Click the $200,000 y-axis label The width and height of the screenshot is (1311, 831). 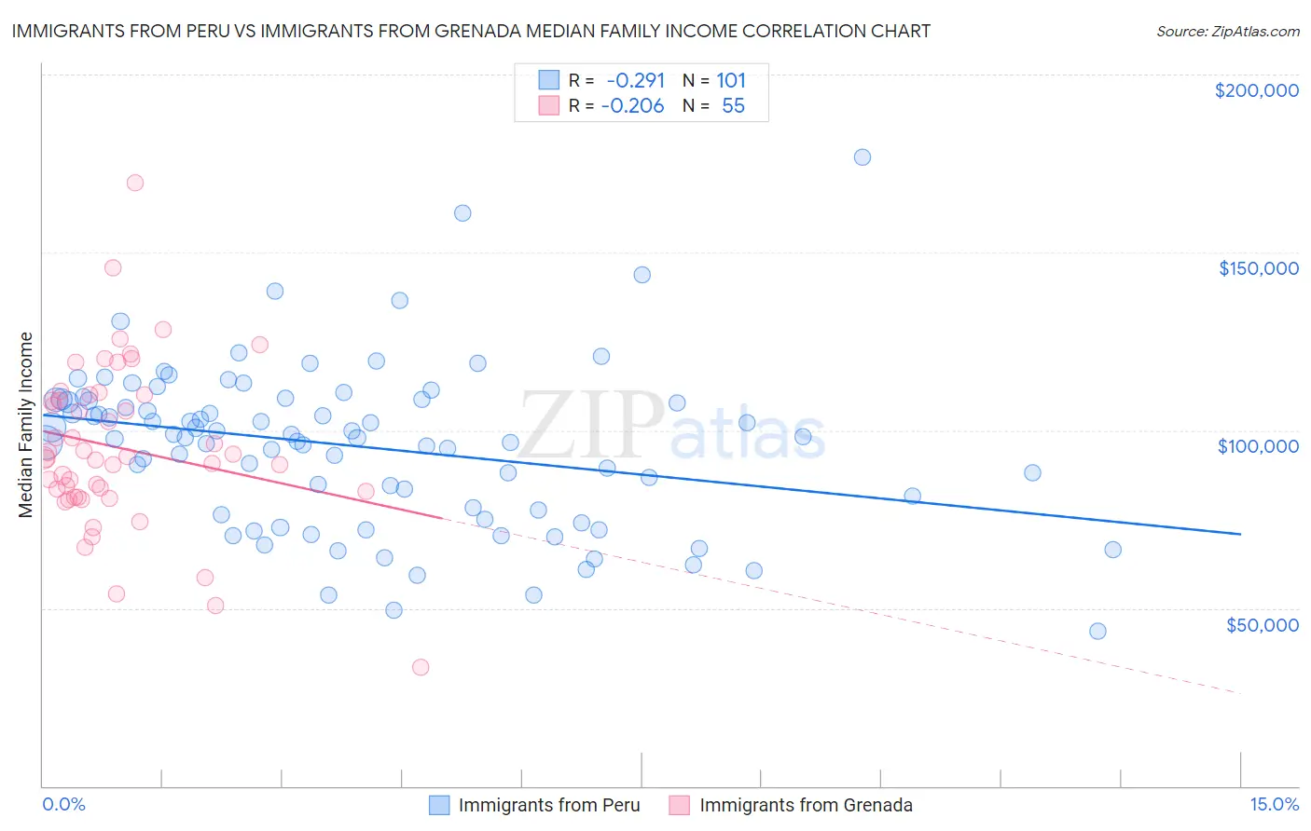pos(1256,90)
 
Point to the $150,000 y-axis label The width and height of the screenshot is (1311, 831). pos(1258,268)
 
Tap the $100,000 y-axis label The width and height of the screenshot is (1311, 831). pos(1258,446)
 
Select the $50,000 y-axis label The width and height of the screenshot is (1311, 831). pos(1262,624)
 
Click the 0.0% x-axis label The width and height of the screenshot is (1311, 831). pos(63,804)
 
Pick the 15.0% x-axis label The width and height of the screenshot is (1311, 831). pos(1274,804)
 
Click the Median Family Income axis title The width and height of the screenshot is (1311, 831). pos(25,424)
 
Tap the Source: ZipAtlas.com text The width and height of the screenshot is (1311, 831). pos(1227,31)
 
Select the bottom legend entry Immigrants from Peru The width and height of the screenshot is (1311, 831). pos(549,805)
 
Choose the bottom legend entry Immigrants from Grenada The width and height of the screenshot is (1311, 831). pos(806,805)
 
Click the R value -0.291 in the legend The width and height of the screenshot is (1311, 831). pos(636,80)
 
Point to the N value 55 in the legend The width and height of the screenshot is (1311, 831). pos(733,106)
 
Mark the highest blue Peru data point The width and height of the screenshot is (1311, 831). pos(862,157)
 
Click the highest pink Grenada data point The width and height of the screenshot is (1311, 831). pos(134,183)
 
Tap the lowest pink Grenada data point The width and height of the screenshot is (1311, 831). pos(421,667)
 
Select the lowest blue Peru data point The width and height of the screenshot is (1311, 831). pos(1097,632)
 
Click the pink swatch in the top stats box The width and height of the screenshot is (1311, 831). pos(549,106)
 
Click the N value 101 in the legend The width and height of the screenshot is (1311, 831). pos(731,80)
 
